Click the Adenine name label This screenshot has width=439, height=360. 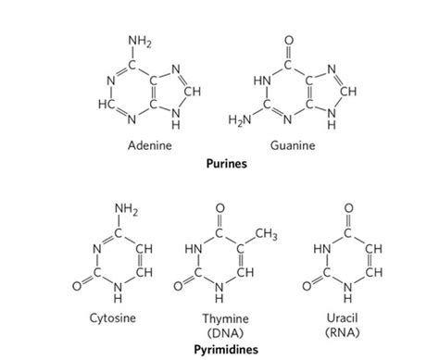pyautogui.click(x=149, y=146)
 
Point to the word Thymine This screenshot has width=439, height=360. pyautogui.click(x=219, y=318)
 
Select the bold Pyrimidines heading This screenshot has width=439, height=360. pyautogui.click(x=219, y=348)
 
